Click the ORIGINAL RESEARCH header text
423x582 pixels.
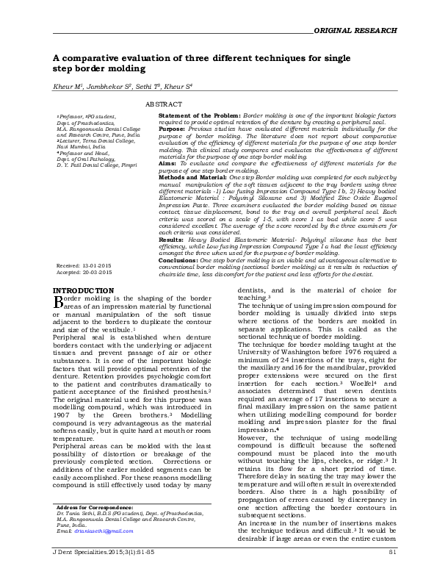tap(355, 30)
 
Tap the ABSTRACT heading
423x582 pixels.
tap(164, 105)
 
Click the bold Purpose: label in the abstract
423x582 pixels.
tap(172, 128)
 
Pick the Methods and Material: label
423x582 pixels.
tap(193, 176)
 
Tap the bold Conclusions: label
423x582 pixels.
tap(178, 260)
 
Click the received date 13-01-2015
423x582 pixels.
tap(97, 266)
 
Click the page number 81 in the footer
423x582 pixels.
tap(392, 571)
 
